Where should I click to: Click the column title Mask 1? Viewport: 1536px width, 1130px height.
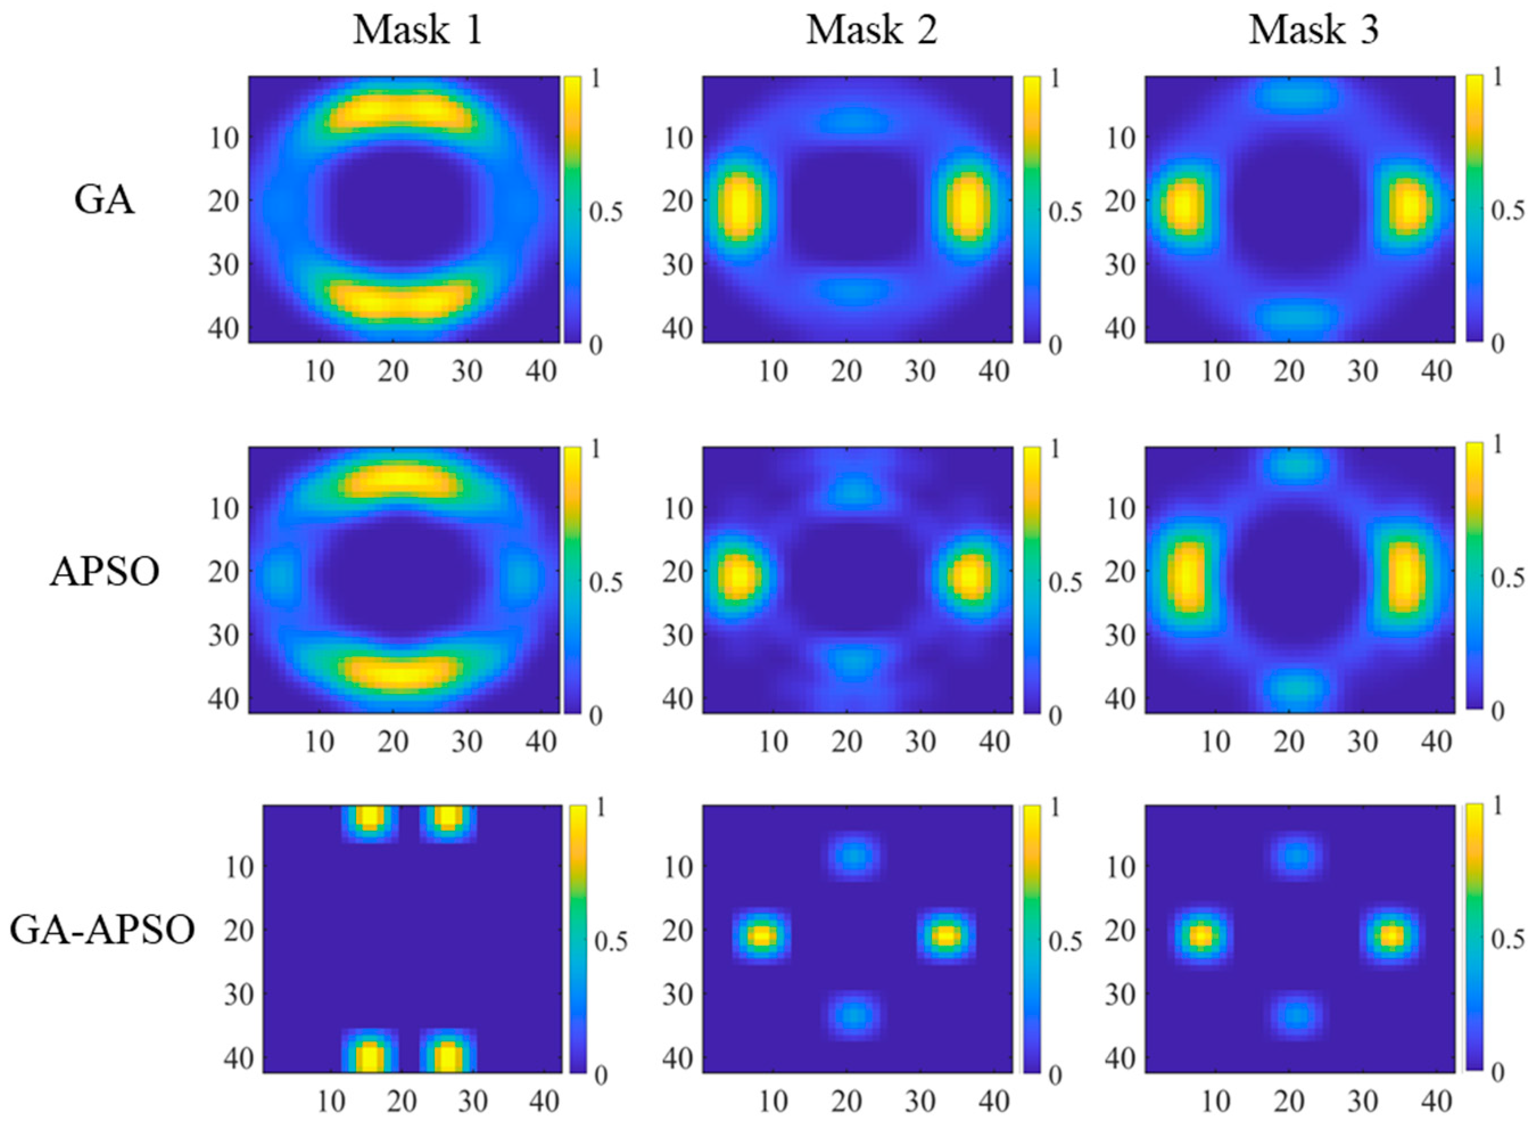pyautogui.click(x=418, y=31)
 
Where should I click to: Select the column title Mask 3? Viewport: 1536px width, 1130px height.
pyautogui.click(x=1313, y=31)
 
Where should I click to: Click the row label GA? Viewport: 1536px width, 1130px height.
pyautogui.click(x=104, y=200)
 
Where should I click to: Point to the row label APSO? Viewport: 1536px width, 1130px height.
pyautogui.click(x=104, y=572)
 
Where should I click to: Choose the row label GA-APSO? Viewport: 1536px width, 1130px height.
pyautogui.click(x=102, y=930)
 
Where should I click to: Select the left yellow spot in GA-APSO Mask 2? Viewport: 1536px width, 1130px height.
pyautogui.click(x=761, y=935)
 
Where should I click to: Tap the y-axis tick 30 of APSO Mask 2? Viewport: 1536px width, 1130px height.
pyautogui.click(x=677, y=636)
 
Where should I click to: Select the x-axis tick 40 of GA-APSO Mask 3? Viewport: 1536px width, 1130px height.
pyautogui.click(x=1436, y=1102)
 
